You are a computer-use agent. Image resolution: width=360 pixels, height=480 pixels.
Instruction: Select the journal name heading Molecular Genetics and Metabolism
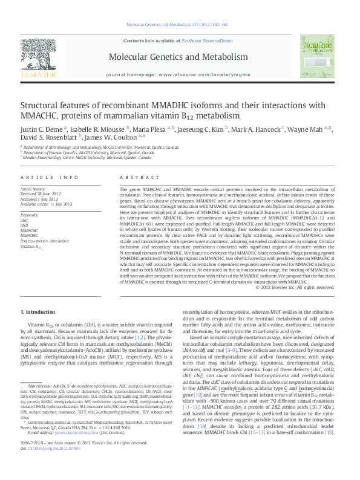178,57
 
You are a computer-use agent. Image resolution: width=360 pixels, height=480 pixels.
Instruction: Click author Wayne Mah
306,129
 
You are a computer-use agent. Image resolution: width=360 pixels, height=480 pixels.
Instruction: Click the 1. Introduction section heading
38,312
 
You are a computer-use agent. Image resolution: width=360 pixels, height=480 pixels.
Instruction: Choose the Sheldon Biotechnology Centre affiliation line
88,158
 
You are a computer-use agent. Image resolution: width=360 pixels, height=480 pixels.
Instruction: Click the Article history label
33,189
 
